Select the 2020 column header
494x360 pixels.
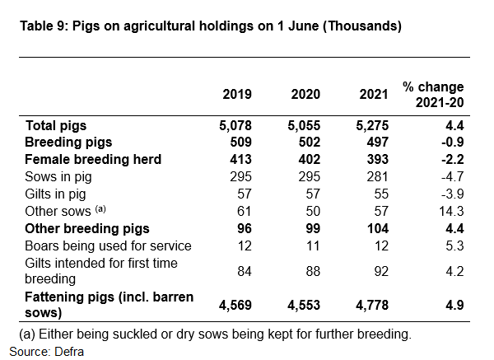306,94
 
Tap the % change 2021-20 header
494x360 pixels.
433,94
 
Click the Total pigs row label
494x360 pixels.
57,126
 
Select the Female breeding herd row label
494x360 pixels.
94,159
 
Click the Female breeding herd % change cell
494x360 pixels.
452,159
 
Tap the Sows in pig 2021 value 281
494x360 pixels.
377,176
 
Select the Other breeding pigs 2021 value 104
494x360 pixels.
376,227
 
